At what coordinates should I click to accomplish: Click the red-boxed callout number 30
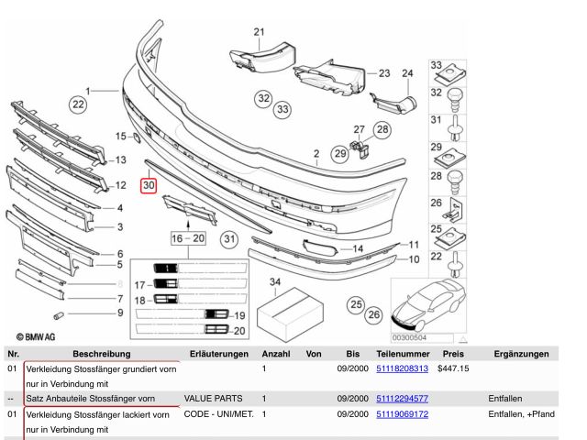pyautogui.click(x=149, y=185)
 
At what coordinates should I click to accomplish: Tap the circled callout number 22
pyautogui.click(x=79, y=105)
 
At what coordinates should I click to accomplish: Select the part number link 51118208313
pyautogui.click(x=402, y=368)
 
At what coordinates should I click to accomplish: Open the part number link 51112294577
pyautogui.click(x=402, y=399)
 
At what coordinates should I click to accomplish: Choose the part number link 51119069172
pyautogui.click(x=402, y=414)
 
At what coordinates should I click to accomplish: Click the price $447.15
pyautogui.click(x=453, y=368)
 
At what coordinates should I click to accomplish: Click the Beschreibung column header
pyautogui.click(x=102, y=353)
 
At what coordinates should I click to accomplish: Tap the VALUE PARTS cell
pyautogui.click(x=215, y=399)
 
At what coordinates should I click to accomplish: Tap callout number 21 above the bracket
pyautogui.click(x=259, y=33)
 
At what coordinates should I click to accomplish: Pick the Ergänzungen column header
pyautogui.click(x=520, y=353)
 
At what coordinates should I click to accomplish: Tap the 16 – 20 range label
pyautogui.click(x=188, y=237)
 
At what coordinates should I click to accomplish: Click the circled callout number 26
pyautogui.click(x=374, y=316)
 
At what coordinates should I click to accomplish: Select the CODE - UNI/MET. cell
pyautogui.click(x=220, y=414)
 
